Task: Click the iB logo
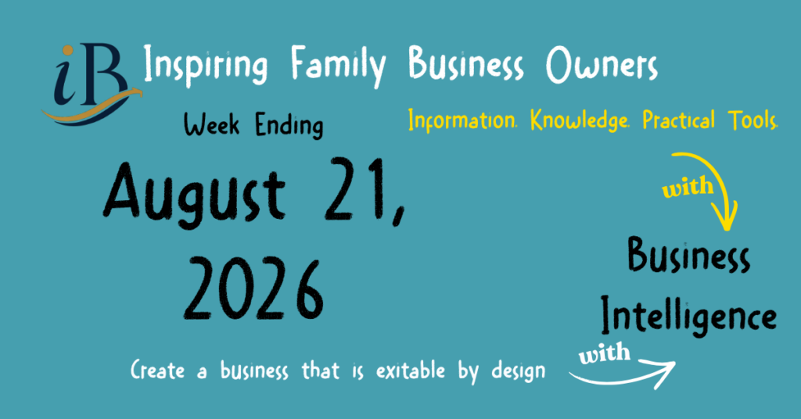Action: tap(91, 84)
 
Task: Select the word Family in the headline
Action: tap(338, 66)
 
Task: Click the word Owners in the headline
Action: tap(602, 66)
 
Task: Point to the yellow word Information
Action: tap(462, 120)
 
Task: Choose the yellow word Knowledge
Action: tap(580, 120)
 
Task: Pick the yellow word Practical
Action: tap(678, 120)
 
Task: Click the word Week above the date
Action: tap(211, 124)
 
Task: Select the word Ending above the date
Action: tap(289, 126)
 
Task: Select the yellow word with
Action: tap(688, 187)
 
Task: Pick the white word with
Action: tap(605, 353)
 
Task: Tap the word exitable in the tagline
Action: tap(411, 371)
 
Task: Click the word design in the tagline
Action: tap(519, 371)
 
